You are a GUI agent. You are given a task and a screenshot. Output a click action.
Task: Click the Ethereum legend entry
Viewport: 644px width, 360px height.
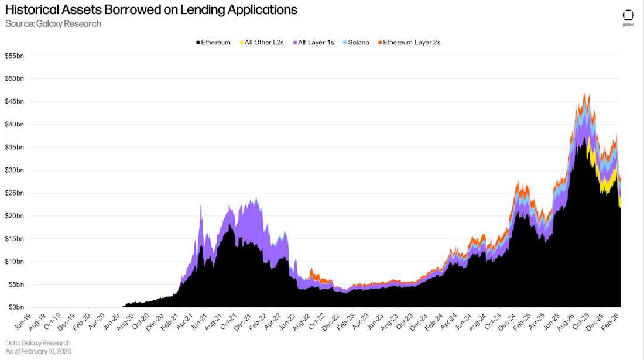[215, 43]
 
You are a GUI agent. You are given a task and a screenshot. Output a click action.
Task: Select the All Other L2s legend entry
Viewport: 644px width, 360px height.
[263, 43]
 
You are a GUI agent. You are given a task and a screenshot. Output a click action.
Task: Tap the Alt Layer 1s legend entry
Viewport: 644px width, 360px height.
[316, 43]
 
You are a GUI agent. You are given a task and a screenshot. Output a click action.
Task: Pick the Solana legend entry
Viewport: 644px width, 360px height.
[358, 43]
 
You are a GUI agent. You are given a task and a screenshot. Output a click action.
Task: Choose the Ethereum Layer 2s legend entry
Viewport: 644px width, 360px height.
[412, 43]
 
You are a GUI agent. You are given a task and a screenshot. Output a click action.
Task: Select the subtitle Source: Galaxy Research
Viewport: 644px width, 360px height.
[53, 24]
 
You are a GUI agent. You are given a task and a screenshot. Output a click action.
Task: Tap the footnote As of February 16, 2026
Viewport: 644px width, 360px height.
[38, 351]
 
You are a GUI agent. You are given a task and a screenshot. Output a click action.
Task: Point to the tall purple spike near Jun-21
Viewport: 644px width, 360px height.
[201, 205]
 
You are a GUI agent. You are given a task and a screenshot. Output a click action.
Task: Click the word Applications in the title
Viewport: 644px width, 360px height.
[261, 10]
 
